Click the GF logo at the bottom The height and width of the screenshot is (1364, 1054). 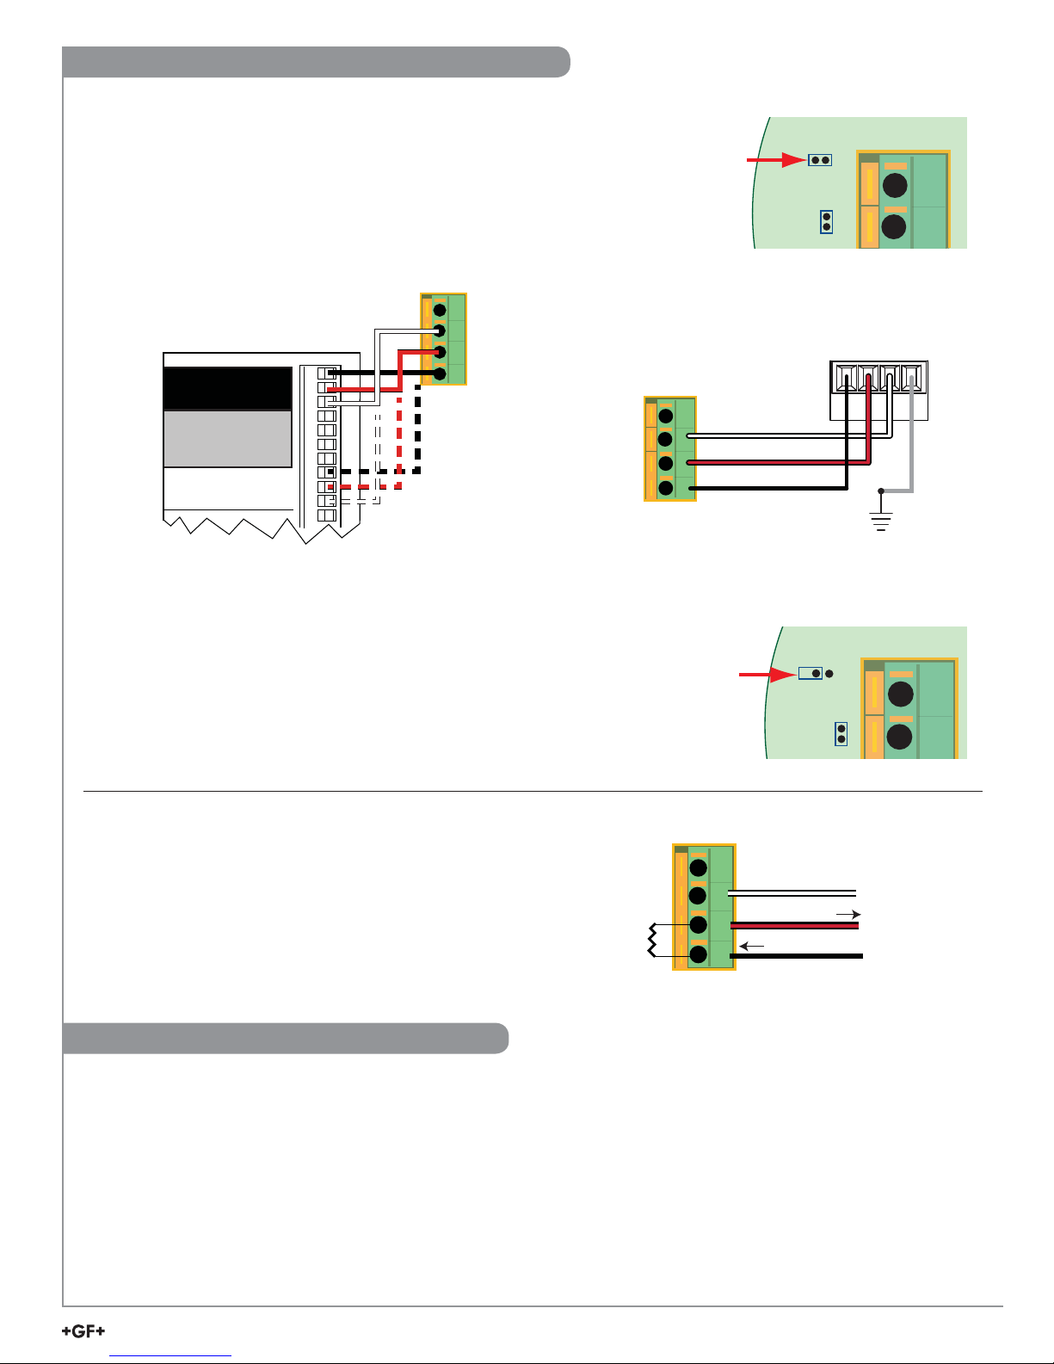click(83, 1330)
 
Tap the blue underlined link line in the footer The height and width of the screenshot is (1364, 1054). click(170, 1356)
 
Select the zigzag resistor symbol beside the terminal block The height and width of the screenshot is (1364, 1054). click(652, 941)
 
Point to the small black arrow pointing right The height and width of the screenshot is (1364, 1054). click(848, 915)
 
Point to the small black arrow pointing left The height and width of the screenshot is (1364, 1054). click(751, 946)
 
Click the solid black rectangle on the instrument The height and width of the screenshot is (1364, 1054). click(227, 388)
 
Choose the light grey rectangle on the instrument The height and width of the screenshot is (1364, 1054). click(227, 439)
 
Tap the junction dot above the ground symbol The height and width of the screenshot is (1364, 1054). click(881, 491)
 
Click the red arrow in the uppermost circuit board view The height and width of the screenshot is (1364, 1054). click(776, 160)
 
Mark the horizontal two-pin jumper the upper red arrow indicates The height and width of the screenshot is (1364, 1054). click(819, 160)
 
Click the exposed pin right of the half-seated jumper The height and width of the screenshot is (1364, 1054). click(829, 674)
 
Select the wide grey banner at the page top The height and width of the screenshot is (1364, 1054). click(316, 61)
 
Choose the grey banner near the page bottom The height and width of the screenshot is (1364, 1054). click(285, 1038)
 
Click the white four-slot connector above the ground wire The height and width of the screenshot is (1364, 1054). click(878, 391)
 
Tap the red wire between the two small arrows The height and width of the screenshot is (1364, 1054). click(794, 925)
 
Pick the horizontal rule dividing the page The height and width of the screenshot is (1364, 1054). click(533, 792)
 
